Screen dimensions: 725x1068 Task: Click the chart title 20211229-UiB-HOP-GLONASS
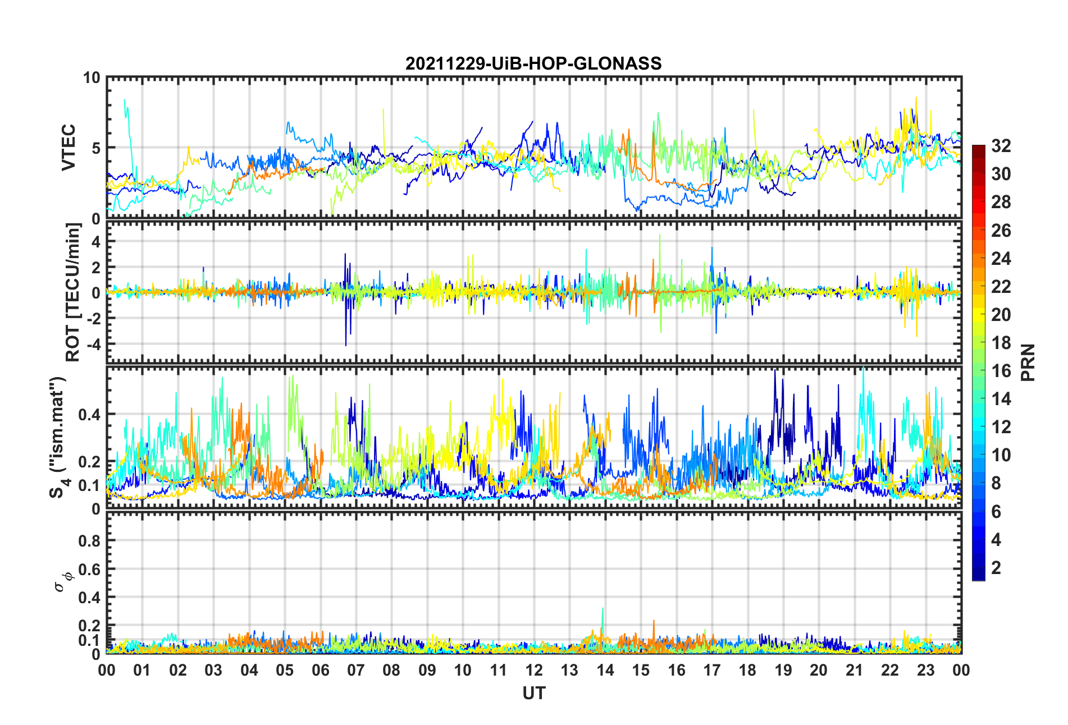click(x=533, y=63)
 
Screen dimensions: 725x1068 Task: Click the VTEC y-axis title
click(x=69, y=148)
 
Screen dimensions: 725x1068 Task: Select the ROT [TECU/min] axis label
click(x=74, y=292)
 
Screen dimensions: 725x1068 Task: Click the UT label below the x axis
click(x=533, y=694)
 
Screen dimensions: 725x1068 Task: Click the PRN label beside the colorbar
click(x=1028, y=362)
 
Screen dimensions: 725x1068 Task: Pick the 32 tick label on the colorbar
click(x=1001, y=146)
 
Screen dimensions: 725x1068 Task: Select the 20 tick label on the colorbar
click(x=1001, y=315)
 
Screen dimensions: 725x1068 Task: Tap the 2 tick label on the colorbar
click(x=996, y=568)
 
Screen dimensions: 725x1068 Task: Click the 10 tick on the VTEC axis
click(x=92, y=78)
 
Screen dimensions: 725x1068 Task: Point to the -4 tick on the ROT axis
click(x=92, y=343)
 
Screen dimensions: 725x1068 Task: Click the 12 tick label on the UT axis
click(x=533, y=671)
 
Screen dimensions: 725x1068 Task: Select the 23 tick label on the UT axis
click(x=925, y=671)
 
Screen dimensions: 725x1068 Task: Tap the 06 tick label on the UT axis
click(x=320, y=671)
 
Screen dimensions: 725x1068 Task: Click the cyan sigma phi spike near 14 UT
click(x=603, y=609)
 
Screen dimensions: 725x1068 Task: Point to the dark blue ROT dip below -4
click(x=346, y=344)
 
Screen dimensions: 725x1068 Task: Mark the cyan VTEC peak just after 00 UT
click(x=125, y=101)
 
